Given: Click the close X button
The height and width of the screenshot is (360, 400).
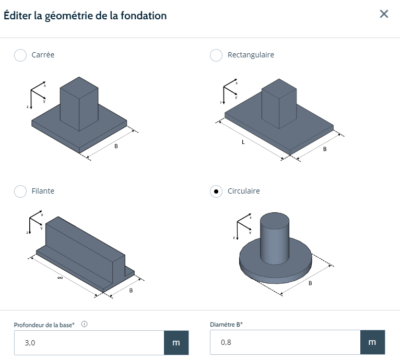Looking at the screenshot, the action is [384, 14].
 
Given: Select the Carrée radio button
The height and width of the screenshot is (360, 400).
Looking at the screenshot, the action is [20, 55].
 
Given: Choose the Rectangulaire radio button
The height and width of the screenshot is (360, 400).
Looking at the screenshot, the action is [216, 55].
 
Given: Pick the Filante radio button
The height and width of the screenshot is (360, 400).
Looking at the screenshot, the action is [20, 191].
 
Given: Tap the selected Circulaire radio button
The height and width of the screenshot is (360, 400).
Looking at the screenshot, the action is [216, 191].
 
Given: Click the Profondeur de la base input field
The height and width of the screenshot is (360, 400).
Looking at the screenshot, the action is [89, 343].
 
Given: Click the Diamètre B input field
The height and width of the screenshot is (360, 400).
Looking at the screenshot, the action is [285, 342].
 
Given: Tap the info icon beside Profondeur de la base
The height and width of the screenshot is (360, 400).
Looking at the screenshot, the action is [84, 324].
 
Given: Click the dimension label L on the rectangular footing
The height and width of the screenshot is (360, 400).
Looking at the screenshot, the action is [243, 142].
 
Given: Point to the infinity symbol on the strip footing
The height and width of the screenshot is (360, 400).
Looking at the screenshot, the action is [60, 278].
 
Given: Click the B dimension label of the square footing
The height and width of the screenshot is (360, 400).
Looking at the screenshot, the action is [116, 146].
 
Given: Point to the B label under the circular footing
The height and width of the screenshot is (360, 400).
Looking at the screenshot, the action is [310, 283].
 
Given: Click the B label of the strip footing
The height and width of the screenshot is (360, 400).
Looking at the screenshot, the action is [131, 291].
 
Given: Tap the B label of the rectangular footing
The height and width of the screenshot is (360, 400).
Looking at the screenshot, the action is [325, 149].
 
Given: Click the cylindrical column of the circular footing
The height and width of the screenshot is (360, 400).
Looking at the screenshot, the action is [275, 238].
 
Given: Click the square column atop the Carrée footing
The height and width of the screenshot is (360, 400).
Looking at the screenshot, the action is [79, 104].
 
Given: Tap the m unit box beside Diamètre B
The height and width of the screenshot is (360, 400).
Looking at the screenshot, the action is [372, 342].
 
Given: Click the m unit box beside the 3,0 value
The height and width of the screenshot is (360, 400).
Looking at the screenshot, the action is [177, 343].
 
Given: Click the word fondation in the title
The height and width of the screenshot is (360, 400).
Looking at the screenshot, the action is [144, 16].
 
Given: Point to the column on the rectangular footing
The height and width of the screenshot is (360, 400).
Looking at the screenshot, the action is [279, 103].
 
